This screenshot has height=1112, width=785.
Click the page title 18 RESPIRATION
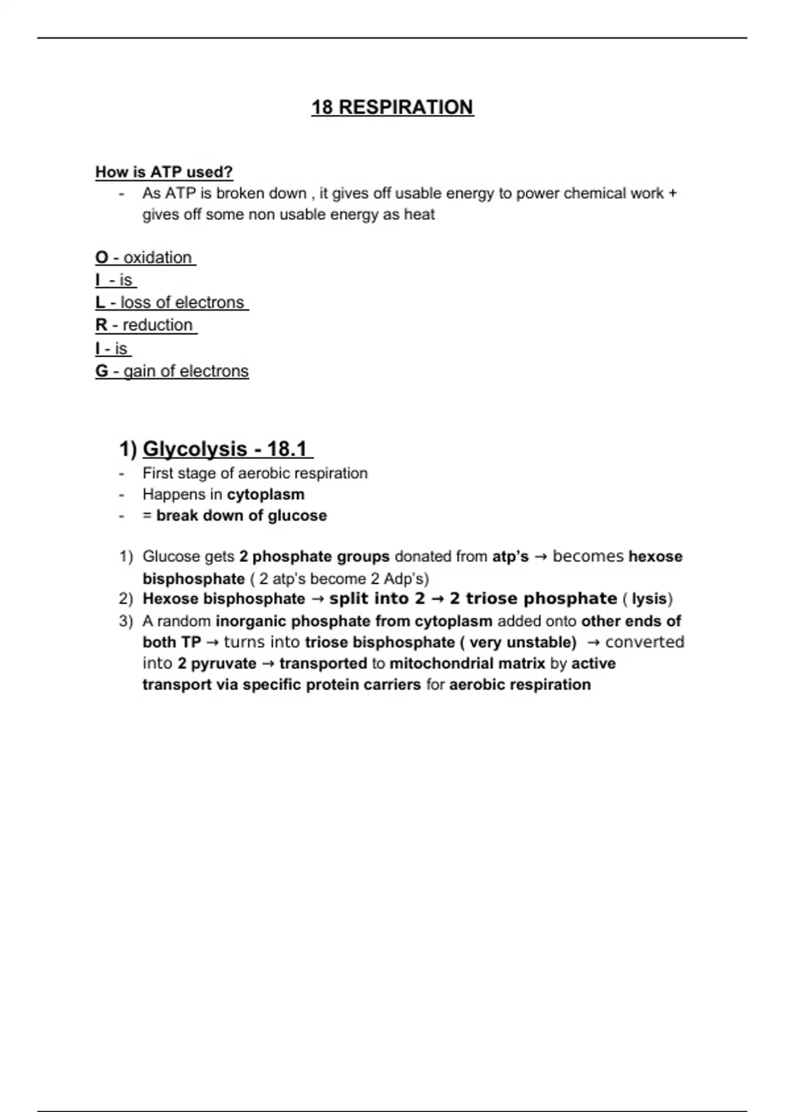click(392, 107)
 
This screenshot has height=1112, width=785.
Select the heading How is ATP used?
click(164, 172)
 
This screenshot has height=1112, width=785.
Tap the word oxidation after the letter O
click(158, 258)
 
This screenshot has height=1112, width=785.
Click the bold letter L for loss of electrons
click(100, 303)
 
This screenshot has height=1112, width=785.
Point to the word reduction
click(158, 325)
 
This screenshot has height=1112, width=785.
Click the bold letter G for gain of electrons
click(101, 372)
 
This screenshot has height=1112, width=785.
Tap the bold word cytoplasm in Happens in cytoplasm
click(266, 495)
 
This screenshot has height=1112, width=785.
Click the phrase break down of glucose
click(241, 515)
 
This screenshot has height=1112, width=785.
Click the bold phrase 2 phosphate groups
click(314, 557)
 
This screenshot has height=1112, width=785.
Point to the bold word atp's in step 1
click(510, 557)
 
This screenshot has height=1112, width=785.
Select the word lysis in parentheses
click(649, 599)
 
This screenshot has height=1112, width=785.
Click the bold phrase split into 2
click(377, 599)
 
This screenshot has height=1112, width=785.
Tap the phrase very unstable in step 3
click(523, 642)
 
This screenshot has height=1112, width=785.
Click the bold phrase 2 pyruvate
click(217, 664)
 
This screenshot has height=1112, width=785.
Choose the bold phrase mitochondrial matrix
click(467, 664)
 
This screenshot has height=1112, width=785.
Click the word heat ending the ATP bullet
click(419, 215)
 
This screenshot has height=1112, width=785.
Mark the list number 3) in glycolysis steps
click(126, 621)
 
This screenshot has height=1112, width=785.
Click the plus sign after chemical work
click(673, 194)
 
